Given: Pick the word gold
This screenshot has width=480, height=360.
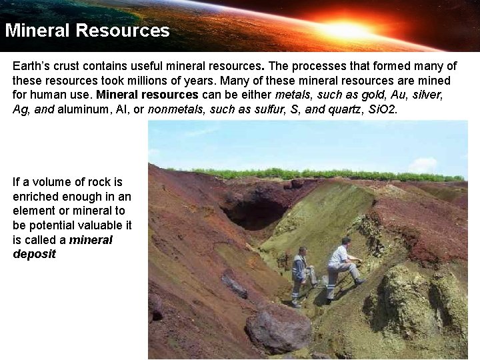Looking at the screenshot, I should tap(374, 95).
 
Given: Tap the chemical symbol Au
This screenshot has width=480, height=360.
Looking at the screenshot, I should tap(401, 95).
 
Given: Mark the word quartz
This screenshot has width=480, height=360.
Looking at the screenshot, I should tap(342, 109).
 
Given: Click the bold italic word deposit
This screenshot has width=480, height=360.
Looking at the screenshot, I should tap(34, 255).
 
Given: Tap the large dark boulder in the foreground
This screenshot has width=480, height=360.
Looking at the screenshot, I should tap(279, 328).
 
